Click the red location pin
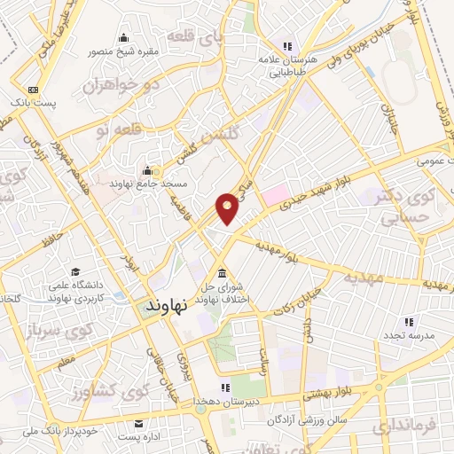click(x=228, y=207)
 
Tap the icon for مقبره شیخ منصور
click(x=122, y=37)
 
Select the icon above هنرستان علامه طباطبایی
click(x=286, y=46)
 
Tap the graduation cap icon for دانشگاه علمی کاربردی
click(x=75, y=271)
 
